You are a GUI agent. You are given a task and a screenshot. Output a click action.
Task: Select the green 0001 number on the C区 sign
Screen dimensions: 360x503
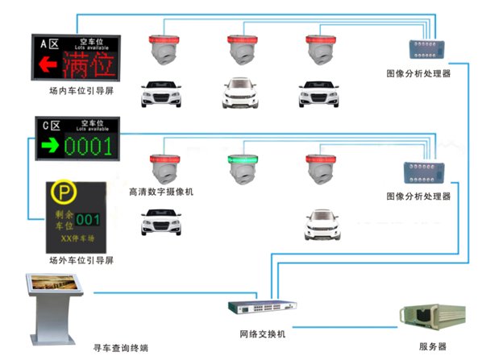tap(91, 147)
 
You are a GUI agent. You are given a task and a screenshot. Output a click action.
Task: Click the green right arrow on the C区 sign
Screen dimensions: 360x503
tap(50, 147)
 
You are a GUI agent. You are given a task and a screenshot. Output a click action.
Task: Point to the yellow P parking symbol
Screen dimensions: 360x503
tap(60, 194)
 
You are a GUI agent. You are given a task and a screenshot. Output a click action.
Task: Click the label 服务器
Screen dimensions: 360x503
tap(433, 347)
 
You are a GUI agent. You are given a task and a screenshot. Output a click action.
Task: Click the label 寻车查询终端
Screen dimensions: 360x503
tap(121, 347)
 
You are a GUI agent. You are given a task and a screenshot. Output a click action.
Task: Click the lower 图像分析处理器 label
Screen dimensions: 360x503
tap(418, 197)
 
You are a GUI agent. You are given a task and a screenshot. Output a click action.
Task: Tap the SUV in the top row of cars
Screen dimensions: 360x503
tap(239, 93)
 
